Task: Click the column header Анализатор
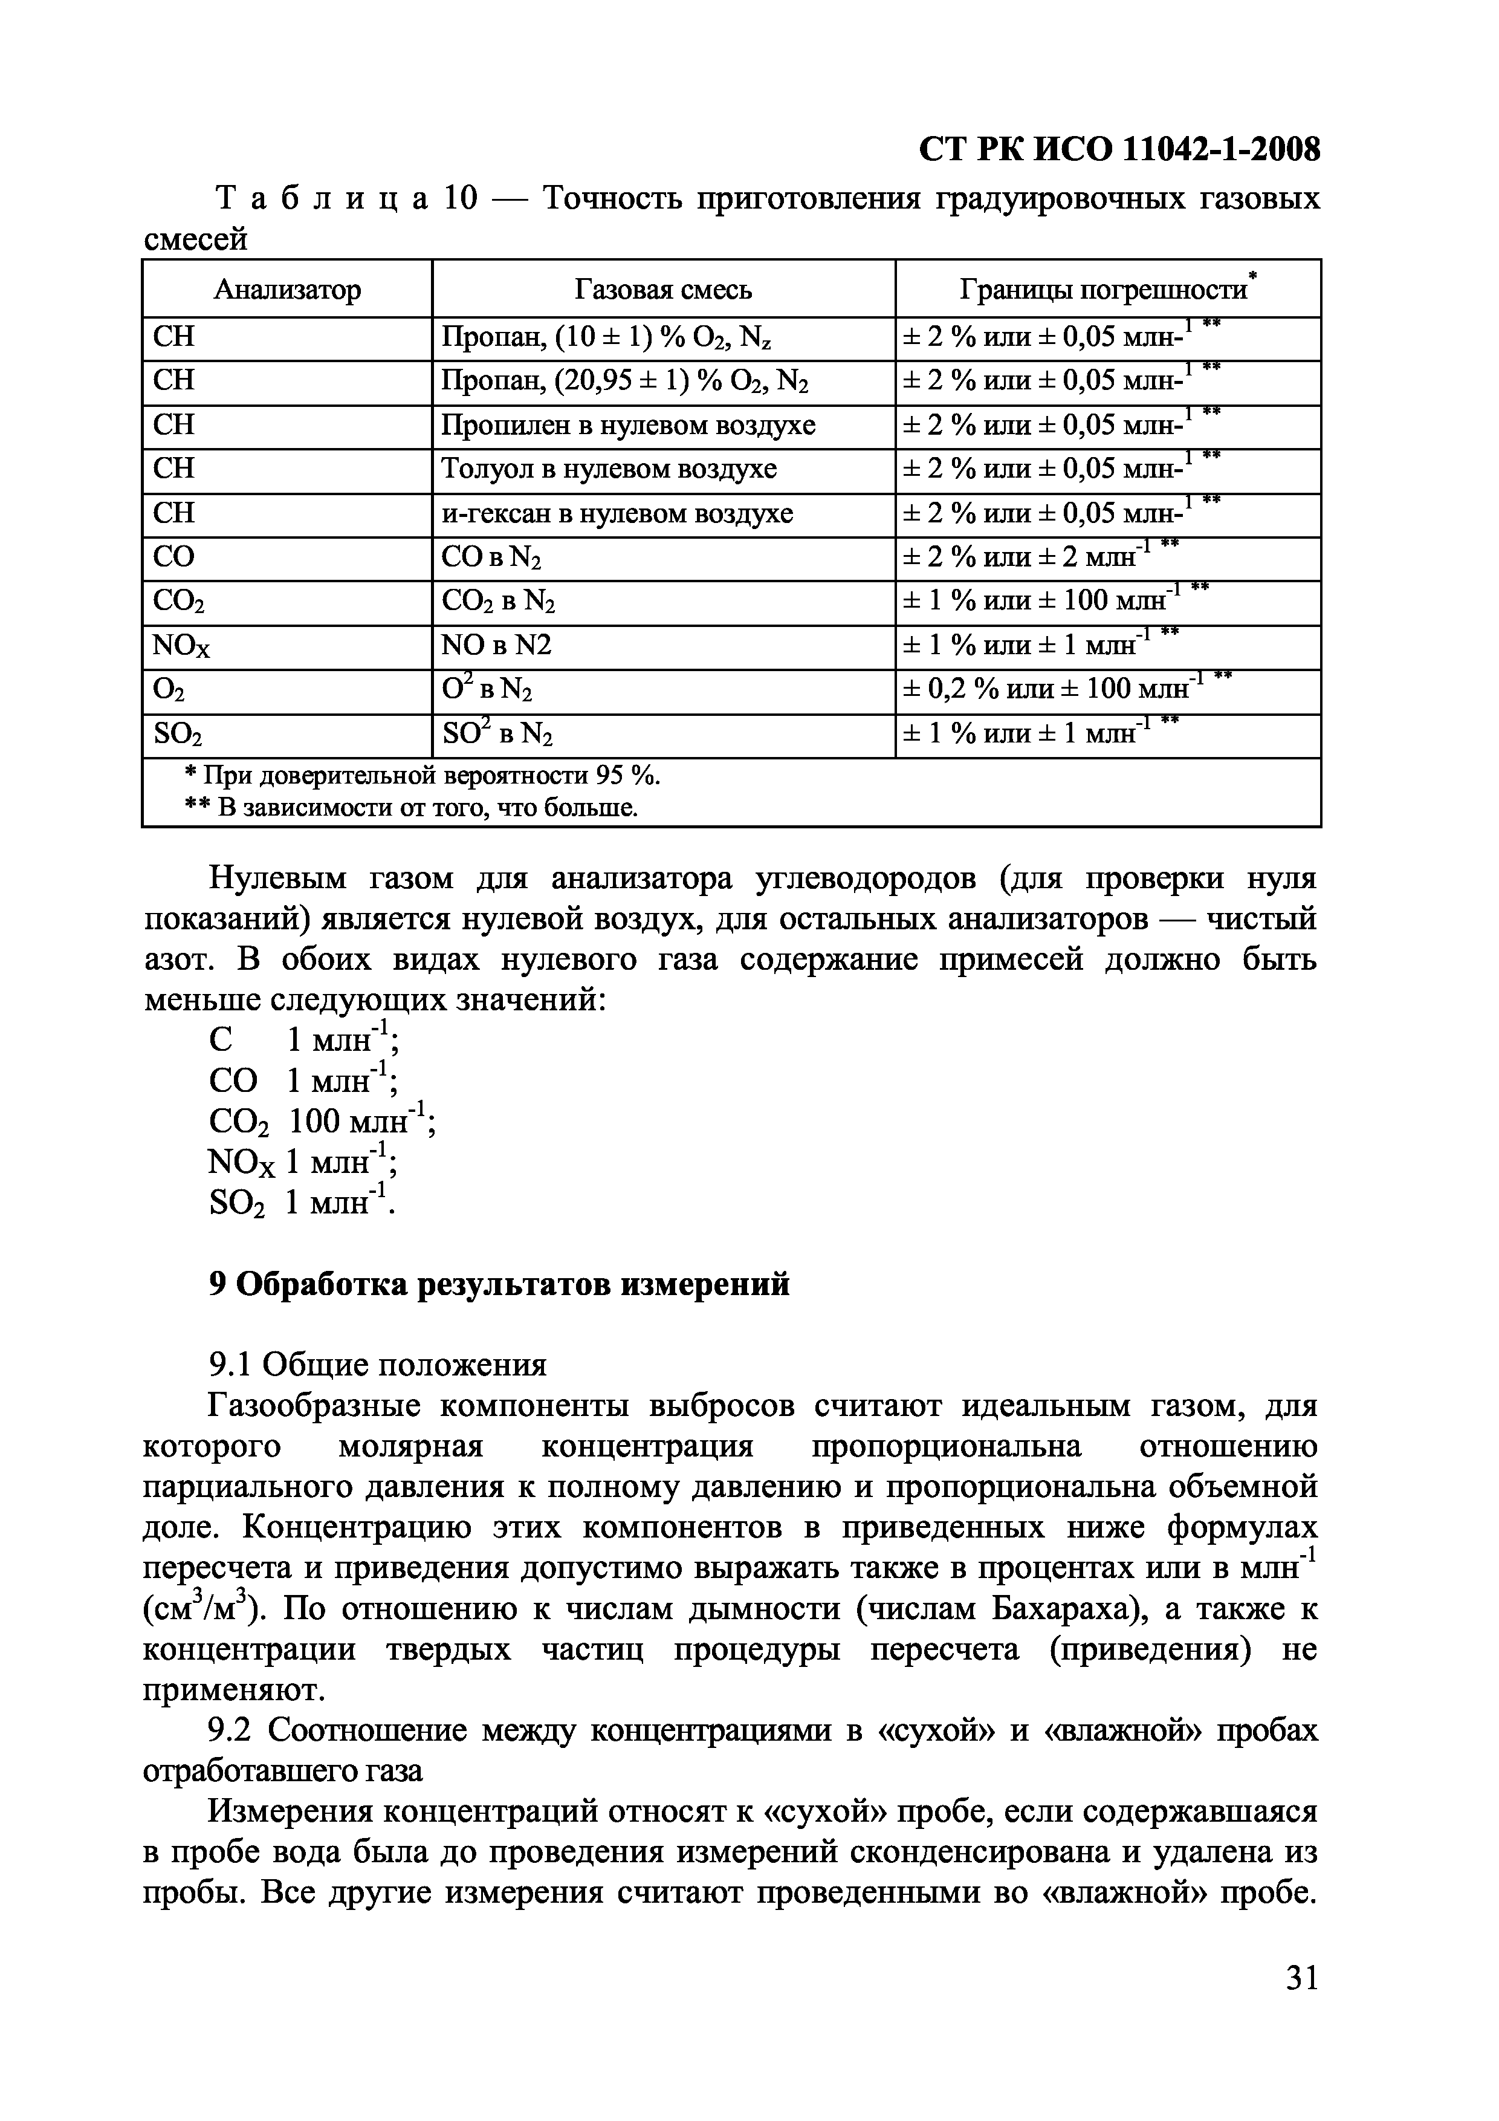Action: click(287, 290)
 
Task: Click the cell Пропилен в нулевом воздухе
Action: click(628, 425)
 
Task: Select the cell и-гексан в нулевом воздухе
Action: click(617, 513)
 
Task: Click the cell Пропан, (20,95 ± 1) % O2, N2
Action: click(625, 380)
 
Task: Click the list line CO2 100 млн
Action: click(322, 1122)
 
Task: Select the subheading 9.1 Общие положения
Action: click(378, 1365)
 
